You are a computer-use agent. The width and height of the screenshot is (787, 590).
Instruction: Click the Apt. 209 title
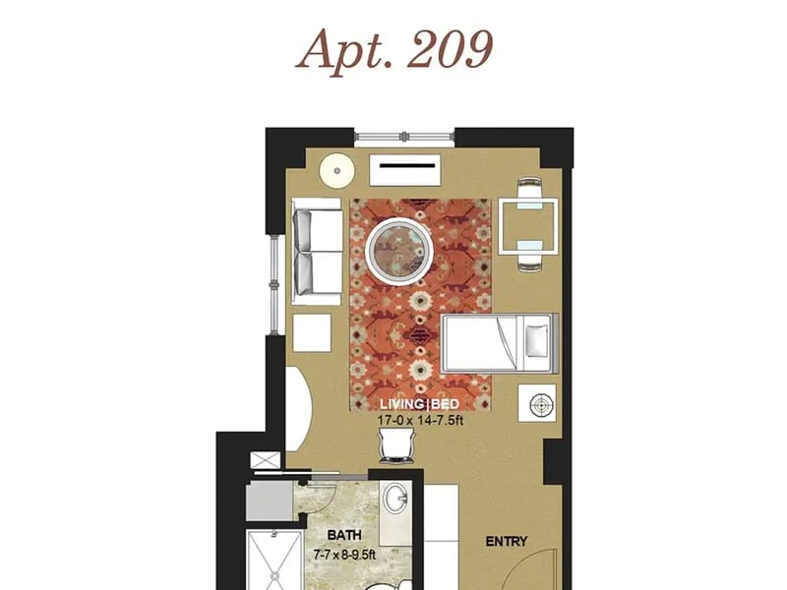pyautogui.click(x=394, y=51)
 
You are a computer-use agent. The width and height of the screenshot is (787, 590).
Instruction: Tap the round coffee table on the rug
pyautogui.click(x=399, y=249)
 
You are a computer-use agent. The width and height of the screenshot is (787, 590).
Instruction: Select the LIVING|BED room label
pyautogui.click(x=419, y=404)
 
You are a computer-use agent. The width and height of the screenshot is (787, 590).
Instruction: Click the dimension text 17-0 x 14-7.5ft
pyautogui.click(x=420, y=421)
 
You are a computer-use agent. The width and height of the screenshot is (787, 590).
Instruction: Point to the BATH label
pyautogui.click(x=344, y=535)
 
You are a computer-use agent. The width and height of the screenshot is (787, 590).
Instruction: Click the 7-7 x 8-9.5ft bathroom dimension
pyautogui.click(x=344, y=555)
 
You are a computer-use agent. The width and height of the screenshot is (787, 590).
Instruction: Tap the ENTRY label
pyautogui.click(x=507, y=542)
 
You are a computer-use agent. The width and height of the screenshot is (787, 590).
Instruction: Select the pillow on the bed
pyautogui.click(x=536, y=341)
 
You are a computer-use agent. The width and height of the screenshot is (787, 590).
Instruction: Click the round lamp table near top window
pyautogui.click(x=336, y=170)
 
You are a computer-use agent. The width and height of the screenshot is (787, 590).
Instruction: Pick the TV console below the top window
pyautogui.click(x=405, y=170)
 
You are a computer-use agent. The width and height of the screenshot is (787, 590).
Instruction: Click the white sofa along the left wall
pyautogui.click(x=317, y=252)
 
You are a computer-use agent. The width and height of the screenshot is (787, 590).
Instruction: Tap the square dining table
pyautogui.click(x=528, y=226)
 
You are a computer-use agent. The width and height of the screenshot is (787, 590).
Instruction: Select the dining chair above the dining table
pyautogui.click(x=530, y=189)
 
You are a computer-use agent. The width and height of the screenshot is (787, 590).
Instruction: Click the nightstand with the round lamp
pyautogui.click(x=537, y=403)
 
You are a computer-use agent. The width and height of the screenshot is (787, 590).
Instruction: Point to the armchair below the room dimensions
pyautogui.click(x=396, y=445)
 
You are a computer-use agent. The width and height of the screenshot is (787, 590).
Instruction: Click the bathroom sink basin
pyautogui.click(x=396, y=500)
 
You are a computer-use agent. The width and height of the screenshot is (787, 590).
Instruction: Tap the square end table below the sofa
pyautogui.click(x=312, y=332)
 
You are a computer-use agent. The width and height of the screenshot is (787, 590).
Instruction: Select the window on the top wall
pyautogui.click(x=404, y=136)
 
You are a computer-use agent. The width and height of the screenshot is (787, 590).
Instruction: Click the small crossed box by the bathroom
pyautogui.click(x=266, y=460)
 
